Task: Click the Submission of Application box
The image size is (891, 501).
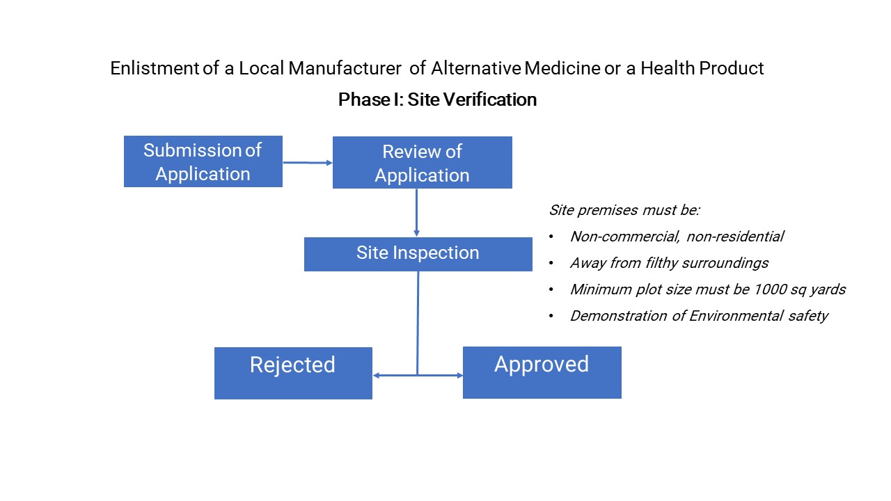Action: coord(203,161)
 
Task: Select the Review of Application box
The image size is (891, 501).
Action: coord(422,163)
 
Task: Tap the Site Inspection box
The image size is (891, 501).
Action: coord(418,253)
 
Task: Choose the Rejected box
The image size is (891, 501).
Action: coord(293,373)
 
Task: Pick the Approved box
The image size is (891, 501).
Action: coord(542,372)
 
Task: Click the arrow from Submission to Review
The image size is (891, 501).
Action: coord(307,162)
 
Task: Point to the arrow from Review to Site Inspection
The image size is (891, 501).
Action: coord(416,212)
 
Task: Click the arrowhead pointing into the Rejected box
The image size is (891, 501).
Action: coord(377,375)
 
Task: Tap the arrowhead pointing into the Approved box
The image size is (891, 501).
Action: coord(459,375)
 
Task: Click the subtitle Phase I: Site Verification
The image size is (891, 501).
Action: coord(437,100)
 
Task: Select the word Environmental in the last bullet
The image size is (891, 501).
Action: coord(741,316)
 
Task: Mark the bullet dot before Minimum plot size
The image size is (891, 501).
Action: coord(551,290)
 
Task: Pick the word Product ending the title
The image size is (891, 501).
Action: coord(736,68)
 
